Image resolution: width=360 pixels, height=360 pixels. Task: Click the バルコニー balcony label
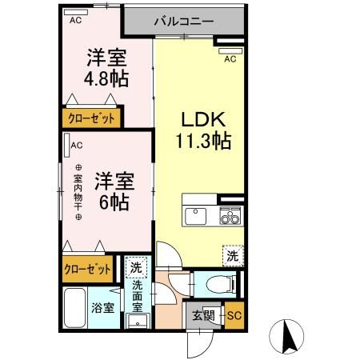pyautogui.click(x=183, y=21)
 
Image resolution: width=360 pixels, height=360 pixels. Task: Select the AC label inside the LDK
pyautogui.click(x=230, y=58)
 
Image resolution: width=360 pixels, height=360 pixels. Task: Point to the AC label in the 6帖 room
pyautogui.click(x=77, y=145)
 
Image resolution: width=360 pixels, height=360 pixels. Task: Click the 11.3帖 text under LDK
pyautogui.click(x=204, y=142)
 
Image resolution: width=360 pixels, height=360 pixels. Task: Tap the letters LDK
pyautogui.click(x=204, y=121)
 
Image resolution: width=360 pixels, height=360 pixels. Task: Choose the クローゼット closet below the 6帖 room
pyautogui.click(x=88, y=270)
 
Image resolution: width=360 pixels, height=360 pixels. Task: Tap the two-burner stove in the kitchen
pyautogui.click(x=230, y=214)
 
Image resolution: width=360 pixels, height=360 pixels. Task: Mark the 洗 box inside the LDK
pyautogui.click(x=231, y=255)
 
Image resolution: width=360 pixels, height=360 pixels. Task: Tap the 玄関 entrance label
pyautogui.click(x=202, y=315)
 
